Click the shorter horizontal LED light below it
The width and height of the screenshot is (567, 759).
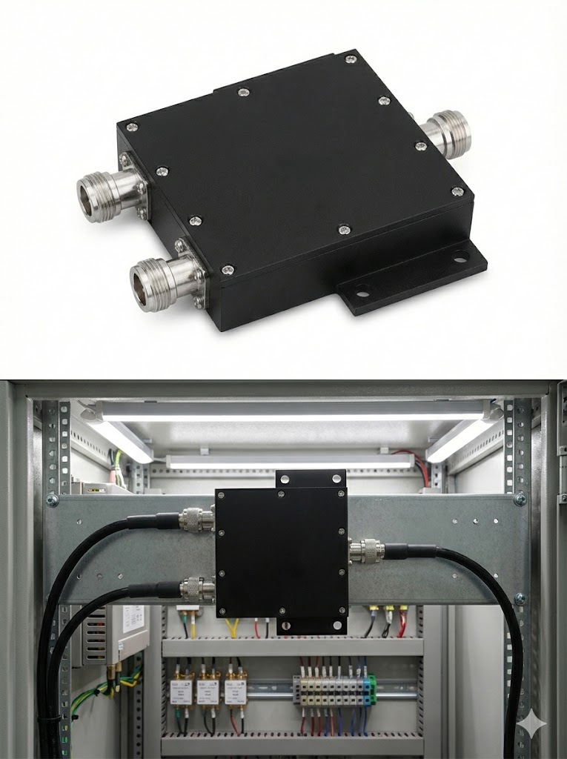(x=289, y=461)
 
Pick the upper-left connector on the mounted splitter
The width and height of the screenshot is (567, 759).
(x=196, y=520)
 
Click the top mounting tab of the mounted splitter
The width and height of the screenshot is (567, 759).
(x=311, y=478)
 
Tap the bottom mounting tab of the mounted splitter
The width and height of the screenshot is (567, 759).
(x=311, y=626)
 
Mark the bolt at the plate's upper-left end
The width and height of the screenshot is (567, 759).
(x=53, y=502)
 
